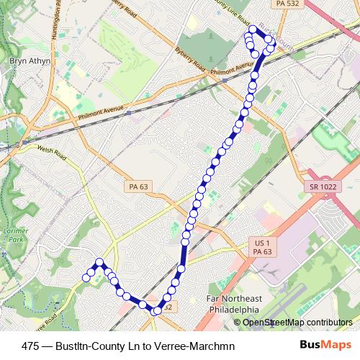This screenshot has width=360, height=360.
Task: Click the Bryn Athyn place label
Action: [29, 62]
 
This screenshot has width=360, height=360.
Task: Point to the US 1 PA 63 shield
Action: [262, 247]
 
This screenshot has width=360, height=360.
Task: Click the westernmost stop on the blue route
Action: [86, 278]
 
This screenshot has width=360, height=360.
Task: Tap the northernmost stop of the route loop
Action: [252, 30]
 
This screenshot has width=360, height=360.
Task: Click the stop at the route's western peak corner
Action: [99, 262]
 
